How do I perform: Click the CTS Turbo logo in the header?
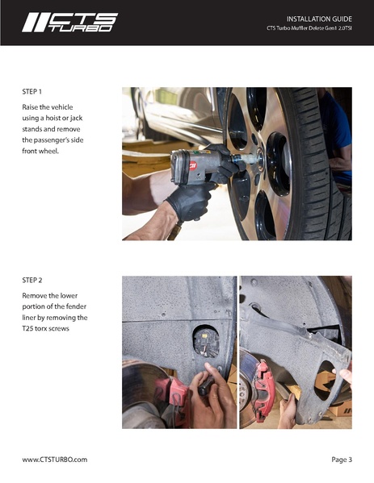coord(70,23)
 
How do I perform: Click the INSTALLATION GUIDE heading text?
coord(319,19)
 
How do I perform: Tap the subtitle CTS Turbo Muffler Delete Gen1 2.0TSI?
coord(309,28)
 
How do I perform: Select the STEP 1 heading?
coord(32,92)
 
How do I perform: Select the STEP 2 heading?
coord(32,281)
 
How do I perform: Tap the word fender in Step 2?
coord(76,306)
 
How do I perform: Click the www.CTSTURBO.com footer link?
coord(55,460)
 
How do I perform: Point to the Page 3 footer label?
coord(342,460)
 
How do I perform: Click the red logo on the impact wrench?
coord(192,166)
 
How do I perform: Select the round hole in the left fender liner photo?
coord(206,341)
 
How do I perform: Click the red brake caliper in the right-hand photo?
coord(263,389)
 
